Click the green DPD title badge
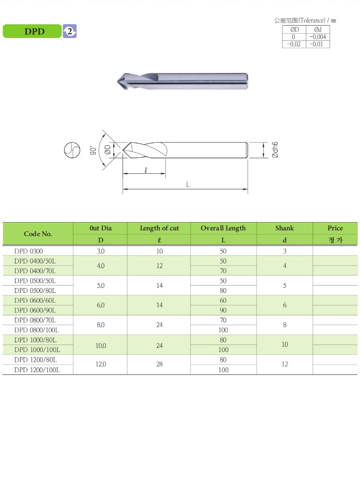pyautogui.click(x=32, y=31)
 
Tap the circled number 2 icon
pyautogui.click(x=70, y=31)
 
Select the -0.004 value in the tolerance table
pyautogui.click(x=317, y=37)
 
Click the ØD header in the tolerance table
pyautogui.click(x=294, y=29)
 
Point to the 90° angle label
pyautogui.click(x=93, y=150)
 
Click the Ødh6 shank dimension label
pyautogui.click(x=275, y=150)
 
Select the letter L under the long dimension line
pyautogui.click(x=188, y=184)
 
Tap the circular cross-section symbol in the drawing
pyautogui.click(x=72, y=150)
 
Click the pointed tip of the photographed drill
pyautogui.click(x=117, y=81)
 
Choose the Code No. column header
pyautogui.click(x=38, y=234)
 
